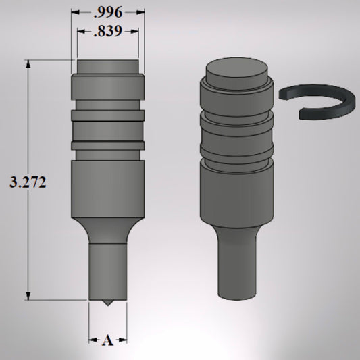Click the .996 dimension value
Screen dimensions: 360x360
pyautogui.click(x=107, y=12)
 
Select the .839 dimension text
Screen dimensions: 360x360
pyautogui.click(x=108, y=31)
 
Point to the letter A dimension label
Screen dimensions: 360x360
pyautogui.click(x=107, y=341)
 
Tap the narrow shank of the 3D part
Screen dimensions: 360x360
pyautogui.click(x=236, y=263)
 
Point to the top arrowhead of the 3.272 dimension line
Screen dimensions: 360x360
pyautogui.click(x=28, y=63)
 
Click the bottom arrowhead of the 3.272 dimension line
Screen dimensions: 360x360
pyautogui.click(x=28, y=295)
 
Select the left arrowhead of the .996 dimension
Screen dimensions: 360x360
pyautogui.click(x=75, y=12)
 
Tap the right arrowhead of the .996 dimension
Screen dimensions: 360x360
pyautogui.click(x=141, y=12)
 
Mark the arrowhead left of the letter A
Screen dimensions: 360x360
pyautogui.click(x=93, y=341)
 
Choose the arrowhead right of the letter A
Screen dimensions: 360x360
pyautogui.click(x=123, y=341)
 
